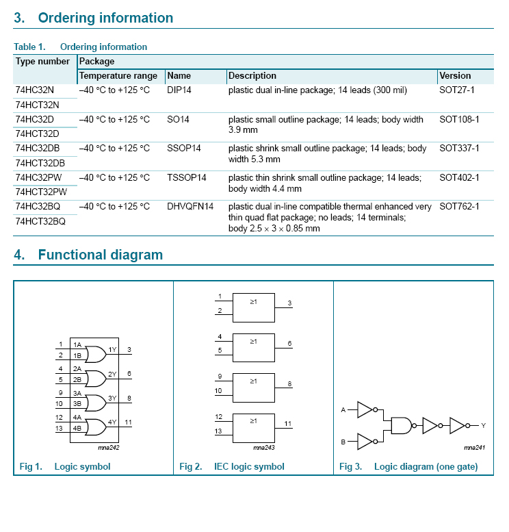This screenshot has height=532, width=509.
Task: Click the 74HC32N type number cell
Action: coord(34,90)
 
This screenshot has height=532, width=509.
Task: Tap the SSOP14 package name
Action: coord(184,148)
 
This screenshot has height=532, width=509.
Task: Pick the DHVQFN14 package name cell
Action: coord(190,206)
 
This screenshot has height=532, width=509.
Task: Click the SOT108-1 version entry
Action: coord(459,119)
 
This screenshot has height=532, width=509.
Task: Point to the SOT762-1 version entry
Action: coord(459,206)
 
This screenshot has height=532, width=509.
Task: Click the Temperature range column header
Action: coord(118,75)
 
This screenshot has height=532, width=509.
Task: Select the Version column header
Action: coord(455,75)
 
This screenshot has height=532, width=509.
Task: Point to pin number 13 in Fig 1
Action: coord(60,429)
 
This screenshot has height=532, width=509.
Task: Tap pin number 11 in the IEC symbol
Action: coord(288,424)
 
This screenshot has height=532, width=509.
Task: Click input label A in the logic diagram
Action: coord(343,409)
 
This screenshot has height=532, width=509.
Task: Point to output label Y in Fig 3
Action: coord(483,425)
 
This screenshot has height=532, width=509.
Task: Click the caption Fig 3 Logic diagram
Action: coord(408,467)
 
